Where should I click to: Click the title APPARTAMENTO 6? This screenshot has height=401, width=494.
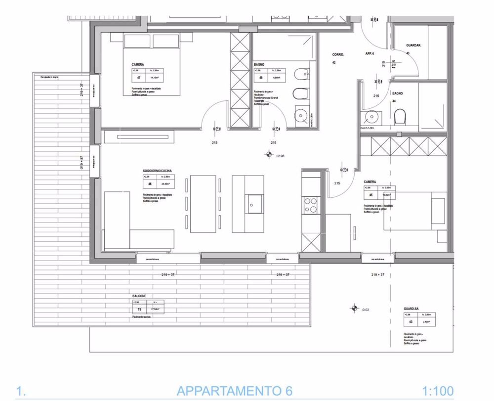coord(231,391)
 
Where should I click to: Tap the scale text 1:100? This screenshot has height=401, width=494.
coord(438,391)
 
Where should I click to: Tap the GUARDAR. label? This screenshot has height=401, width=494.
coord(413,45)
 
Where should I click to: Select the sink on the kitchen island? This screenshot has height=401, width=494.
coord(256,203)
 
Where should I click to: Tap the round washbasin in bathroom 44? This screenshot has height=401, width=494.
coord(371,117)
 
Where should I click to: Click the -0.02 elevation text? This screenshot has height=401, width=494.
coord(366,310)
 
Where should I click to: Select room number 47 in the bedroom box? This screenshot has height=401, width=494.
coord(139,78)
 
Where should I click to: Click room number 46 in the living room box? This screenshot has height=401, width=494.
coord(150,184)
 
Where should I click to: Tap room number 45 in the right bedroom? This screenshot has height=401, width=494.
coord(370,195)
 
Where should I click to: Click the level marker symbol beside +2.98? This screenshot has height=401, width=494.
coord(269,155)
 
